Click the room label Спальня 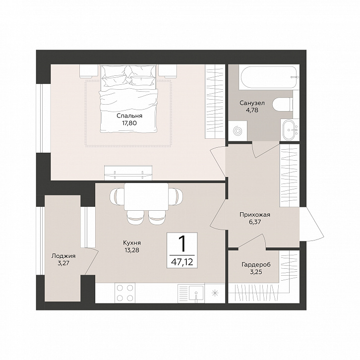pos(129,116)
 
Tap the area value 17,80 pos(129,123)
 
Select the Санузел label pos(252,103)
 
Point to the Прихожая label pos(255,215)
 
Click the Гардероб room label pos(256,265)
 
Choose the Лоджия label pos(63,256)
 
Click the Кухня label pos(132,242)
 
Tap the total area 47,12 pos(182,262)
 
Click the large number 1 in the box pos(182,244)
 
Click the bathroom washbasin pos(289,130)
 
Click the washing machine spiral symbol pos(238,131)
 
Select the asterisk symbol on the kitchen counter pos(215,293)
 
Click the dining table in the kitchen pos(146,197)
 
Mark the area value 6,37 pos(255,222)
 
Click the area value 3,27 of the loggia pos(63,263)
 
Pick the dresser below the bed pos(128,173)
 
